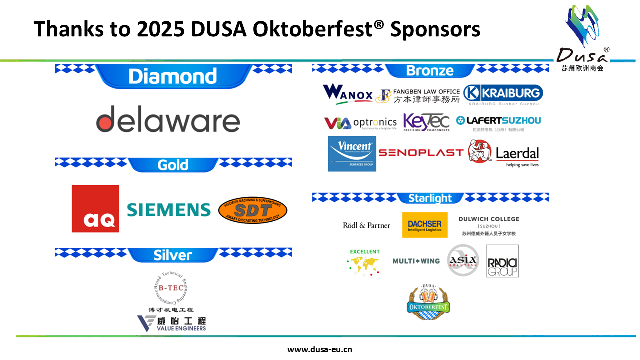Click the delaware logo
tap(168, 119)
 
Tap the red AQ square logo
tap(95, 209)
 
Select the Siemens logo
tap(169, 210)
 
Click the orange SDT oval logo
tap(253, 210)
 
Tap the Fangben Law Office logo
tap(418, 96)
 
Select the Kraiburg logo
tap(503, 93)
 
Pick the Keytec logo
tap(426, 122)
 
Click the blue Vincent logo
tap(352, 154)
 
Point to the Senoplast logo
tap(421, 152)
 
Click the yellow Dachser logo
tap(425, 225)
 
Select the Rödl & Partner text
tap(366, 225)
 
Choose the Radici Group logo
tap(502, 261)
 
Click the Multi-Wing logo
tap(416, 261)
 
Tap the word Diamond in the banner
tap(173, 76)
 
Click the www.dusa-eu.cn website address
tap(320, 349)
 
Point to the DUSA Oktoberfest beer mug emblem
tap(428, 300)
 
